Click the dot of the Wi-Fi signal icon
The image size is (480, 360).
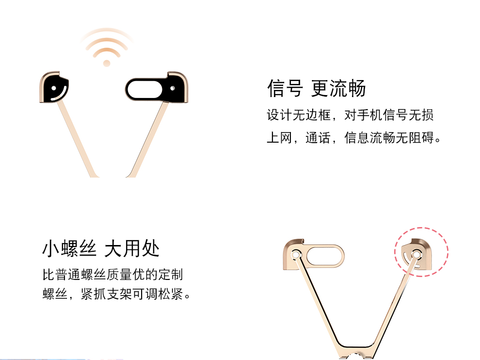[x=107, y=64]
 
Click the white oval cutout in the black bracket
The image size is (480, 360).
[x=144, y=89]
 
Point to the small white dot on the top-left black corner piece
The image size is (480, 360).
[x=54, y=88]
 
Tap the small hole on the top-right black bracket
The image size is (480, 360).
[x=173, y=88]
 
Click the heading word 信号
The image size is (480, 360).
[x=285, y=88]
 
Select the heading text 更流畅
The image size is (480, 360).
[x=338, y=88]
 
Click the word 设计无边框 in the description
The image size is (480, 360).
[x=299, y=115]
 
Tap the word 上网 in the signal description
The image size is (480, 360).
[x=279, y=138]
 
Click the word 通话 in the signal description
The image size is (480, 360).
[x=318, y=138]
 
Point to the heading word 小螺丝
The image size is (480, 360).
[x=69, y=248]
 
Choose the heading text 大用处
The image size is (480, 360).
[x=132, y=248]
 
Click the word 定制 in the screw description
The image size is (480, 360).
[x=170, y=274]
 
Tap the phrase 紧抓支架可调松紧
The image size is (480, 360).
[x=132, y=294]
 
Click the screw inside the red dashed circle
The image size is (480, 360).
[x=416, y=254]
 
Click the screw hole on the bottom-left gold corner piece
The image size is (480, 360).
[x=296, y=255]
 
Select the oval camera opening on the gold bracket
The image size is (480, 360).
[x=325, y=255]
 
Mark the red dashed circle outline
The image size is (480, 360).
[x=421, y=228]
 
